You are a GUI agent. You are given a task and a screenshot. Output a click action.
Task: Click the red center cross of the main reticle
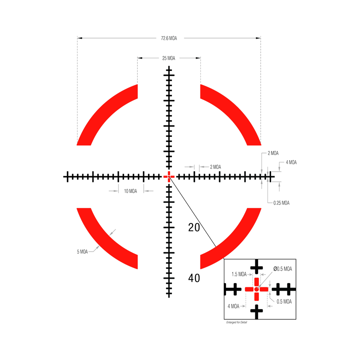[169, 176]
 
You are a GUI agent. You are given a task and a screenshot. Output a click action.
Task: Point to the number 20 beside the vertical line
[194, 228]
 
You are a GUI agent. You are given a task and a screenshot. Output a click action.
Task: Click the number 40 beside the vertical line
[194, 278]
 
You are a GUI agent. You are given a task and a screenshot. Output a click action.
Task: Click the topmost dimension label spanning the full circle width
[169, 39]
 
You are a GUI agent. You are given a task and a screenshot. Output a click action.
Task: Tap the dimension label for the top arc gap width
[169, 58]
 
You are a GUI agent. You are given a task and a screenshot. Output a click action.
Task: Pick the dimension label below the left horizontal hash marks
[130, 191]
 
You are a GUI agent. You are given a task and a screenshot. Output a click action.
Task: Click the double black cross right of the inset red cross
[284, 289]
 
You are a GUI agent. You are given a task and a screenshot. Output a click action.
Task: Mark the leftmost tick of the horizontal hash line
[65, 176]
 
